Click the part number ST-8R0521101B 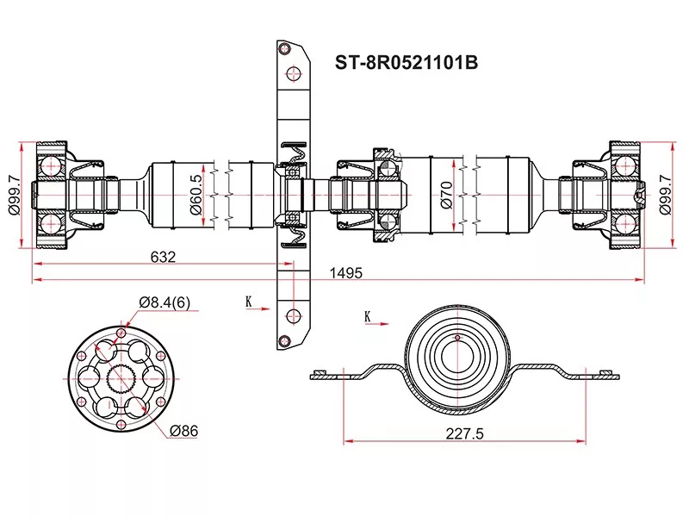click(406, 62)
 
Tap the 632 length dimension click(163, 257)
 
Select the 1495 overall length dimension click(346, 273)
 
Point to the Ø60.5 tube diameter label click(196, 195)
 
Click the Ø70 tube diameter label click(445, 195)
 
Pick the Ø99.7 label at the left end click(14, 195)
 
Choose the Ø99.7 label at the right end click(665, 195)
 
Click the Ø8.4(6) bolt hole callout click(164, 302)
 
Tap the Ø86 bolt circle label click(183, 431)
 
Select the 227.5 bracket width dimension click(464, 434)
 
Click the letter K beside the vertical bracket click(249, 302)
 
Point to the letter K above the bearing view click(368, 316)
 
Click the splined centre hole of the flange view click(121, 379)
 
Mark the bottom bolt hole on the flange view click(121, 425)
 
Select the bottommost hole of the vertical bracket click(285, 340)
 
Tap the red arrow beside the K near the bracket click(258, 309)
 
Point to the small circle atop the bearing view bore click(457, 338)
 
